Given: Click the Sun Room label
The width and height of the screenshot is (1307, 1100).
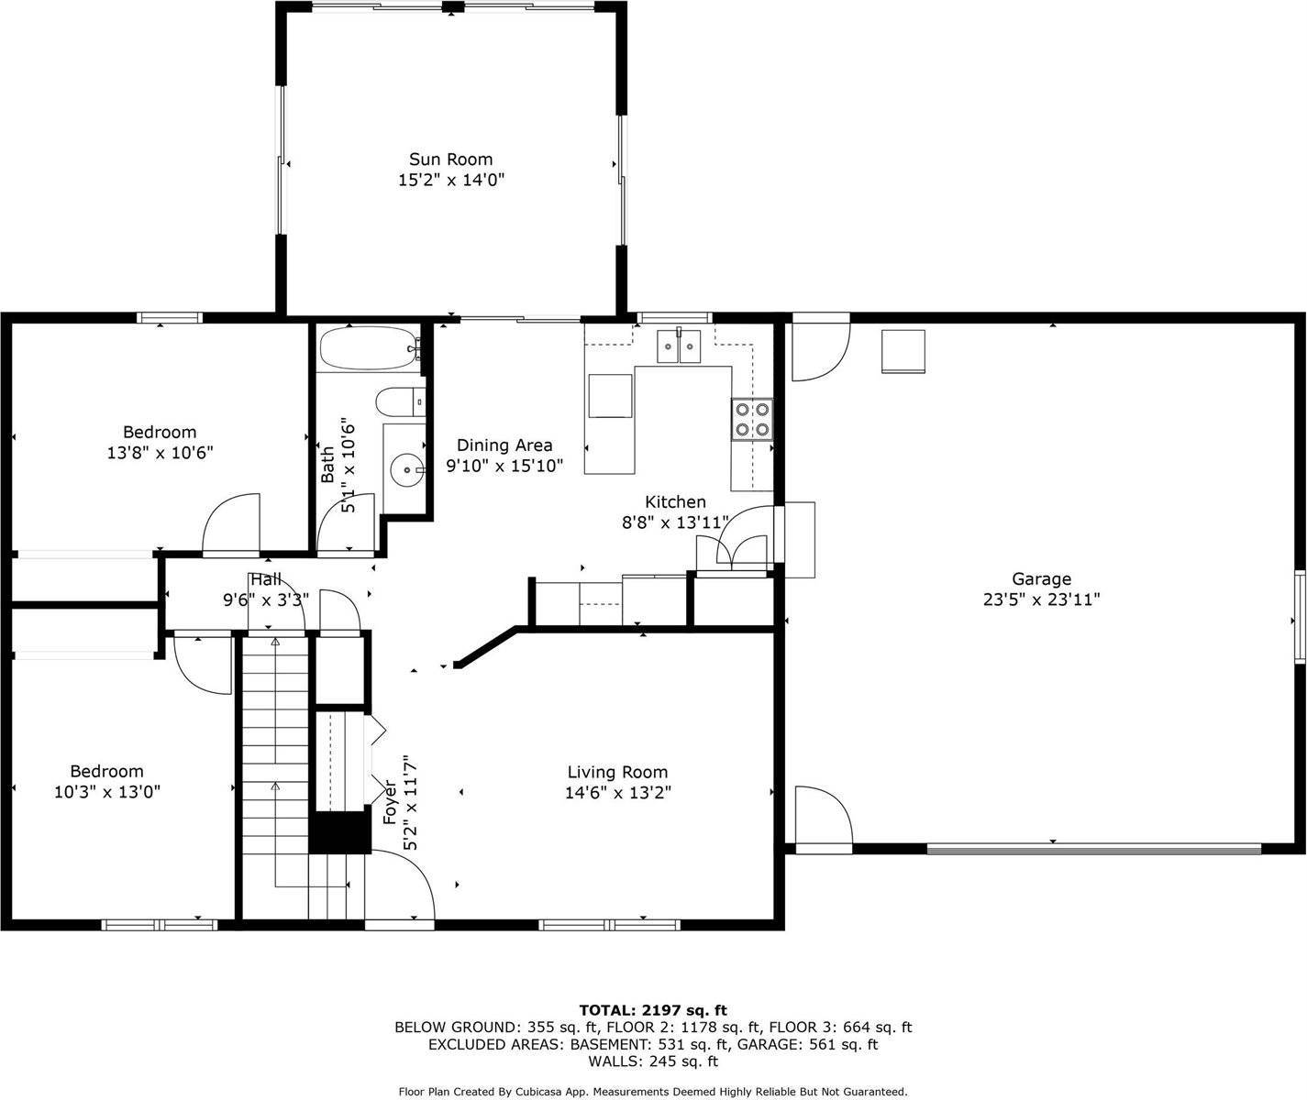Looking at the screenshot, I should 450,159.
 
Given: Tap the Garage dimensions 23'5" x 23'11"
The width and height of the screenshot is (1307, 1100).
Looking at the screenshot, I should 1041,599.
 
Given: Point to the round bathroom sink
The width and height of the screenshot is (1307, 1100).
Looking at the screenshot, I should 405,470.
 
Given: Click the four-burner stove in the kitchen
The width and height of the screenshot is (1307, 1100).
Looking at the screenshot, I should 751,420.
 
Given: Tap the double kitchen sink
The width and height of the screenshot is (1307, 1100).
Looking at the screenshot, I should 679,346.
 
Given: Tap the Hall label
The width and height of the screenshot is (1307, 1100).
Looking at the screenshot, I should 266,580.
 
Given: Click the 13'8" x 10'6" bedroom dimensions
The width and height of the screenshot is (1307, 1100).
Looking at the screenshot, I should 160,452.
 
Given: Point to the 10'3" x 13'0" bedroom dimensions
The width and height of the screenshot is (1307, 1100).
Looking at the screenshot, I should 107,792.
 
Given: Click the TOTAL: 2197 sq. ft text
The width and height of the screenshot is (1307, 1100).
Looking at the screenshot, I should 652,1010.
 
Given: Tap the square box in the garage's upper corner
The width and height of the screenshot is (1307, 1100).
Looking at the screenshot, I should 903,351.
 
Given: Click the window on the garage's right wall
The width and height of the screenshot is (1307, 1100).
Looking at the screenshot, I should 1300,616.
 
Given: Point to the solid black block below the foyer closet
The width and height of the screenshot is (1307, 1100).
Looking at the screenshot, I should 338,831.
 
